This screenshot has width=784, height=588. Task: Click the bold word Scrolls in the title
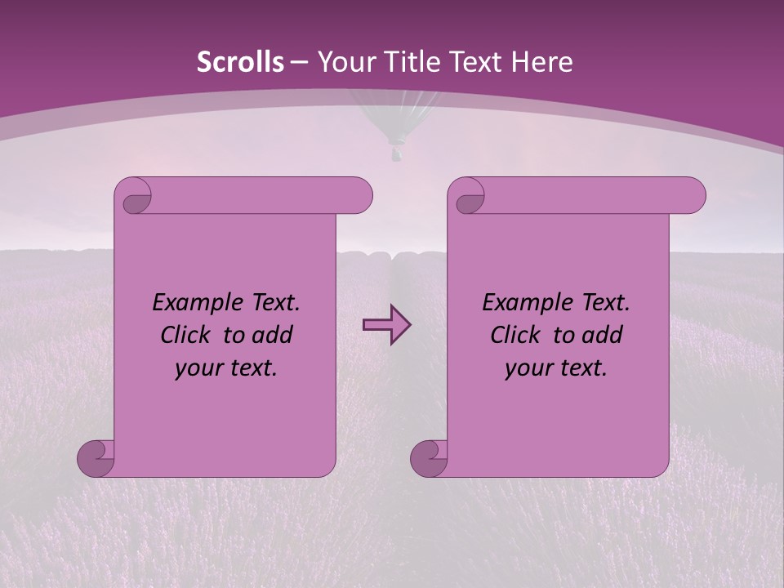(x=240, y=62)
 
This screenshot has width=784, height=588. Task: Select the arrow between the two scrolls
(x=386, y=325)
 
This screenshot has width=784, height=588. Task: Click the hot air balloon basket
(x=396, y=152)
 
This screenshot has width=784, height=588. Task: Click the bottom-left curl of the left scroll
(x=96, y=457)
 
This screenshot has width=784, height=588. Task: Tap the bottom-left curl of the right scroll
(x=430, y=457)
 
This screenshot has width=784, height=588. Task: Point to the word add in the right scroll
(x=604, y=335)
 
